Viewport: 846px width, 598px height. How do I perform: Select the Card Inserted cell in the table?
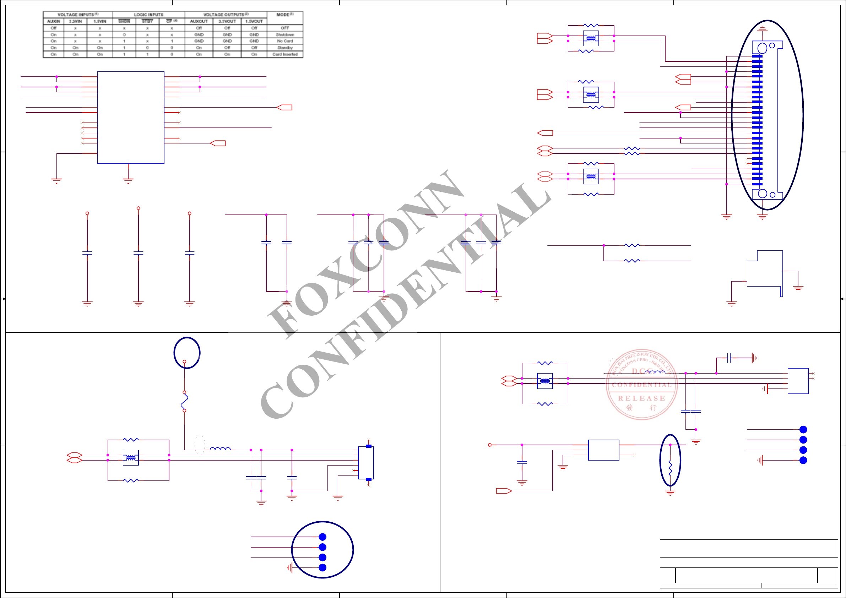tap(285, 54)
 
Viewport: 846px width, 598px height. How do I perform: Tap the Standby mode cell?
tap(285, 48)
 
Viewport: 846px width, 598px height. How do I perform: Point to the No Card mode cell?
tap(285, 41)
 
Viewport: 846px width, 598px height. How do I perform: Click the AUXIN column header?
tap(53, 21)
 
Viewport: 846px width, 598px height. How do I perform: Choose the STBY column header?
tap(147, 21)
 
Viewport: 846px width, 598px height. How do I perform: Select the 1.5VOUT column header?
tap(254, 21)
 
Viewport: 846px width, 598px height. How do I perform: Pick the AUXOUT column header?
tap(199, 21)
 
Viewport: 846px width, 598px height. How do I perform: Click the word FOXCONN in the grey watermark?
tap(365, 254)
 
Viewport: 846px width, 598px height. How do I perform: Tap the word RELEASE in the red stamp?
tap(641, 398)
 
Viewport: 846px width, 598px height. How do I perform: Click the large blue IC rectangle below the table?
tap(130, 118)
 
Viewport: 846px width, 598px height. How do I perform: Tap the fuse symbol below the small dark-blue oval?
tap(185, 401)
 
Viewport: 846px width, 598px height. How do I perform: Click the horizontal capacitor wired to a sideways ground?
tap(729, 357)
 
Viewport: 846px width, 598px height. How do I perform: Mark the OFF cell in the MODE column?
tap(285, 28)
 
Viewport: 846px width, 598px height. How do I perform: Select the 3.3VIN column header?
tap(75, 21)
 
